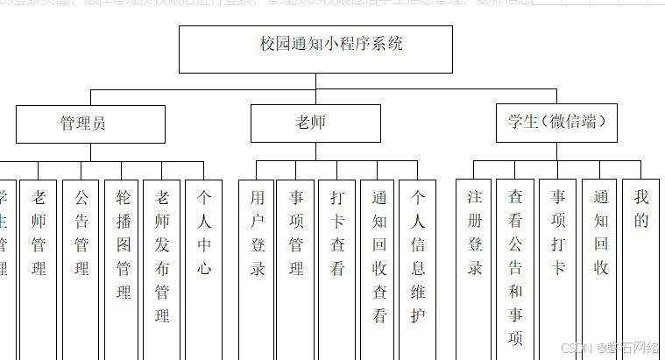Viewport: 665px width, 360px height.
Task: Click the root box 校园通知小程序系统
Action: pyautogui.click(x=315, y=49)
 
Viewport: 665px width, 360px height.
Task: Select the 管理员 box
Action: pyautogui.click(x=90, y=124)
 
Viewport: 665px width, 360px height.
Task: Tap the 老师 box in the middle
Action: pyautogui.click(x=315, y=124)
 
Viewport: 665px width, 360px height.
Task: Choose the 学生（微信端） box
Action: pyautogui.click(x=556, y=123)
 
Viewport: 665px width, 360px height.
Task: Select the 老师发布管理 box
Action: pyautogui.click(x=163, y=254)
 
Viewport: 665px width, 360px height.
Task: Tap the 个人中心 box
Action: pyautogui.click(x=204, y=233)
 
